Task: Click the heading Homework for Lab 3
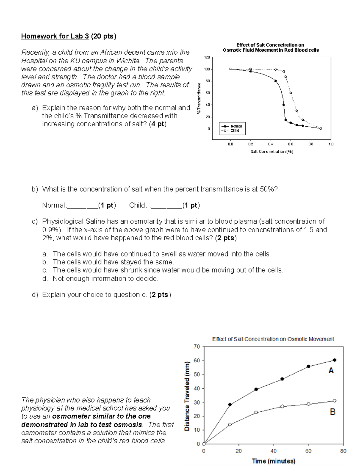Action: [x=55, y=36]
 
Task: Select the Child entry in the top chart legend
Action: [x=235, y=131]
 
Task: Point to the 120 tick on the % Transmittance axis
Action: [x=207, y=57]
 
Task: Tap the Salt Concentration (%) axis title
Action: [x=272, y=152]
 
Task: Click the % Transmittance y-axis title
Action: [x=198, y=98]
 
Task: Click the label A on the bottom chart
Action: [x=331, y=371]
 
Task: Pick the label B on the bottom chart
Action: [x=332, y=412]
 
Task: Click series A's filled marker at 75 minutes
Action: [x=334, y=360]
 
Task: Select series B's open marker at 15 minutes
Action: [x=230, y=425]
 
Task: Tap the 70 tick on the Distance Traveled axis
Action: [x=196, y=347]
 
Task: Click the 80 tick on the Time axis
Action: [x=343, y=451]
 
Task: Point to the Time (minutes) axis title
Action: [x=273, y=461]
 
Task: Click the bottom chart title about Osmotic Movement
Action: [x=273, y=339]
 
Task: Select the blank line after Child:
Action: [x=167, y=206]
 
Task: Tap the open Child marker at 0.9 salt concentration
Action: [x=321, y=128]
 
